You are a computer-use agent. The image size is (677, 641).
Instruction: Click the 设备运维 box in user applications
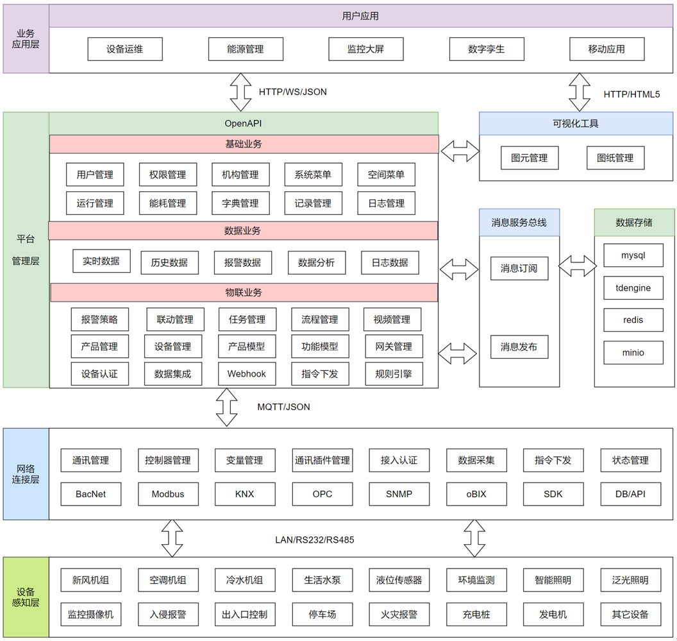(x=125, y=49)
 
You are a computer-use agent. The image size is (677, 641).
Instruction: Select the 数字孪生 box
(x=487, y=49)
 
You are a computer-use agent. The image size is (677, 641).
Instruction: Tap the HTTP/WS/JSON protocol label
(x=292, y=92)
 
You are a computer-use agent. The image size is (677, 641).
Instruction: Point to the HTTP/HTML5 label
(x=631, y=94)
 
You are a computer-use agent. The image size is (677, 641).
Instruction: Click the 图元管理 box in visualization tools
(x=529, y=158)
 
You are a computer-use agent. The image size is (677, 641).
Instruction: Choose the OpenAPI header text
(x=243, y=123)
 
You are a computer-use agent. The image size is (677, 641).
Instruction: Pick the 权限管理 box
(x=167, y=175)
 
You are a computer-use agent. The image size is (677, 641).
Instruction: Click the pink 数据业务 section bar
(x=243, y=230)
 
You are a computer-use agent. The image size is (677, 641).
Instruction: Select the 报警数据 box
(x=242, y=262)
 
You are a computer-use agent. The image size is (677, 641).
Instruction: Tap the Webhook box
(x=246, y=373)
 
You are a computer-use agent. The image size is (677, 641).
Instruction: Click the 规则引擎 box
(x=394, y=373)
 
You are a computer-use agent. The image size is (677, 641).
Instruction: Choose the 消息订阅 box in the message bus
(x=519, y=268)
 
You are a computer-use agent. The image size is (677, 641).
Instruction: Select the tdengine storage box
(x=633, y=288)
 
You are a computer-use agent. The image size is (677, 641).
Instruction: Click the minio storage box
(x=633, y=352)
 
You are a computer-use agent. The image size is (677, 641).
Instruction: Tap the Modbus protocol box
(x=167, y=494)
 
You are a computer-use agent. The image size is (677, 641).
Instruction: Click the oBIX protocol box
(x=476, y=494)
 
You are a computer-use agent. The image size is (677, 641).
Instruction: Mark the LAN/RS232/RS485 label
(x=314, y=540)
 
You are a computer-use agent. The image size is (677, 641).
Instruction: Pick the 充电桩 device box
(x=476, y=614)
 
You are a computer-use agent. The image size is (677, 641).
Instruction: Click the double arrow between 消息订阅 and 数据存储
(x=577, y=266)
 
